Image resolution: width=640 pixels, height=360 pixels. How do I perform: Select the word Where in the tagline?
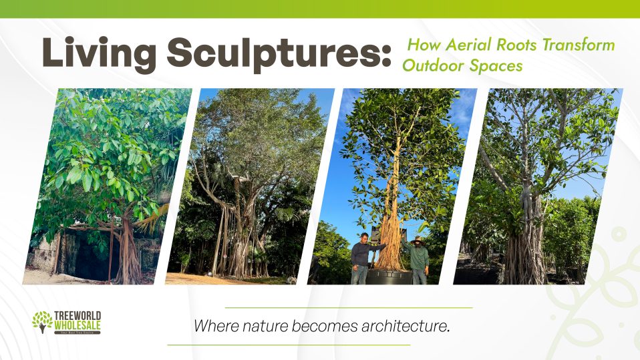point(212,327)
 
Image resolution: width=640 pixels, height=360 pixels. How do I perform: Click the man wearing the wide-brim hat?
point(418,260)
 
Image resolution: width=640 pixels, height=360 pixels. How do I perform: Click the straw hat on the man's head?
point(418,238)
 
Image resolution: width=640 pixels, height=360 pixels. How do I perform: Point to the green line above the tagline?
point(349,307)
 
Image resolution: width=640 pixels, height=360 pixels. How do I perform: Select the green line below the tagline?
point(288,345)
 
